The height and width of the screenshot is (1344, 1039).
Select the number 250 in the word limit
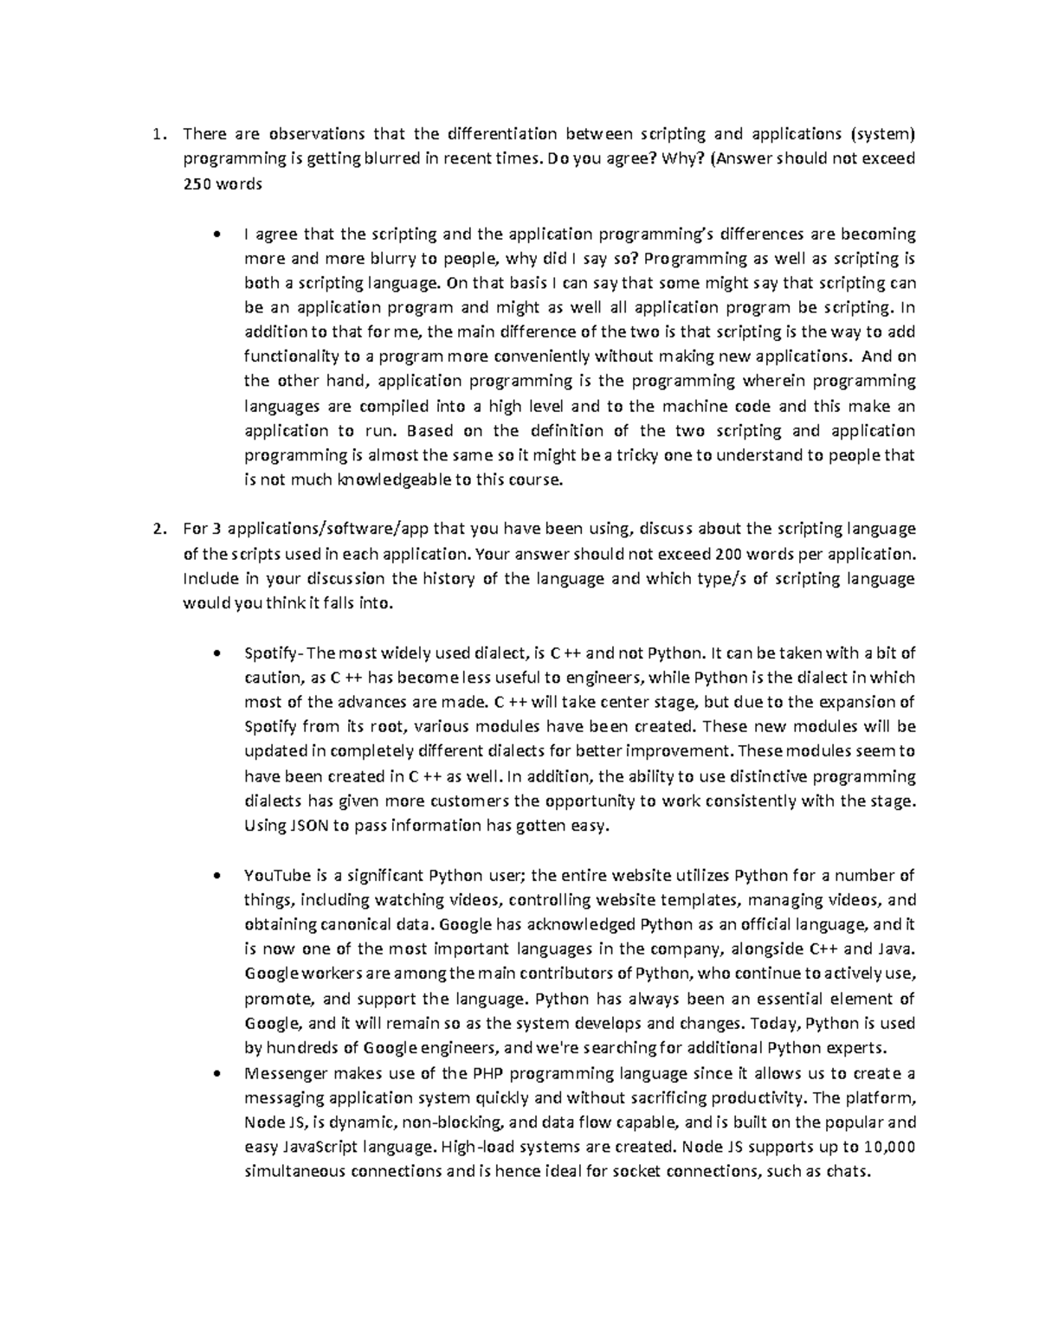196,183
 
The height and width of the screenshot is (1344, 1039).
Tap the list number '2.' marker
158,529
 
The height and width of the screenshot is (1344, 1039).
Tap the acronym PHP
489,1074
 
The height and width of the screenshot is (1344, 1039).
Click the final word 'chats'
844,1173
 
